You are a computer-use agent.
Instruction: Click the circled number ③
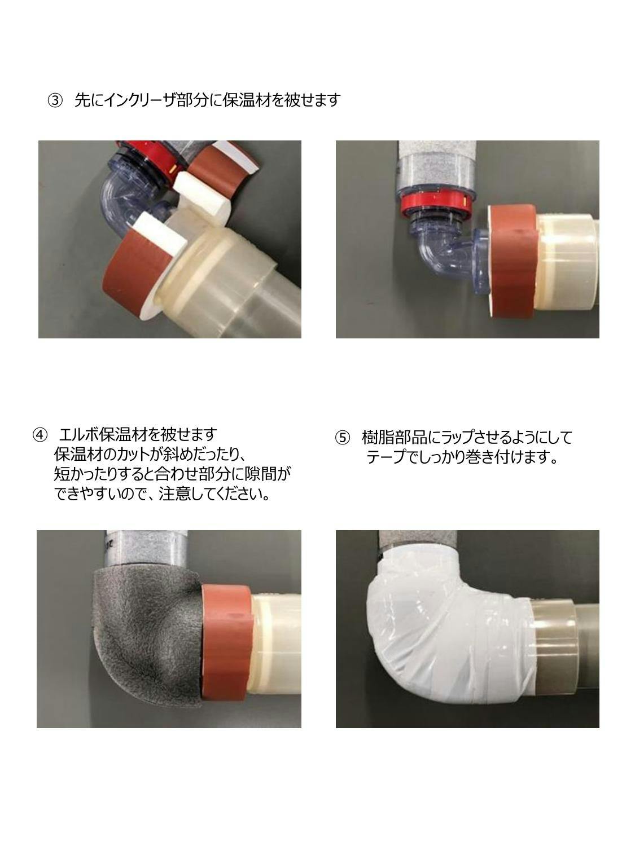point(55,100)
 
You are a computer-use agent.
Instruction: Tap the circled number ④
point(40,435)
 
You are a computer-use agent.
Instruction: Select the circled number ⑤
point(343,438)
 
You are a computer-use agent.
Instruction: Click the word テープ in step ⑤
point(386,457)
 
